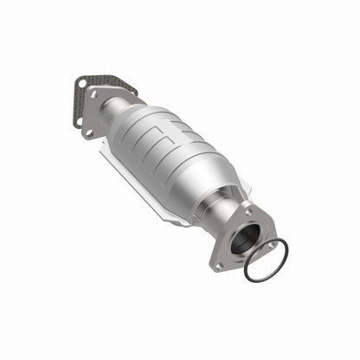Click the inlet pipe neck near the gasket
coord(107,103)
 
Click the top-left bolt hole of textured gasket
coord(81,85)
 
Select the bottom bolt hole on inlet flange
coord(87,132)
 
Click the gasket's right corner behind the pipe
coord(132,88)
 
